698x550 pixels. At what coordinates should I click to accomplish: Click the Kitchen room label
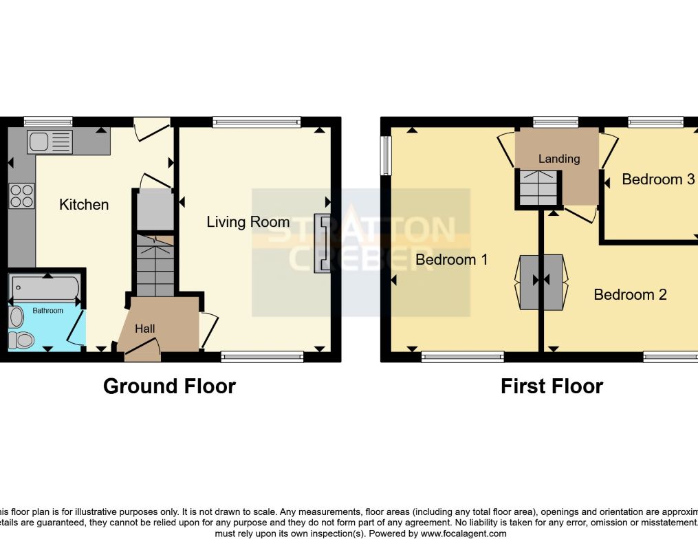coord(84,204)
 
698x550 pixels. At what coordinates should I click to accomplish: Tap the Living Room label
coord(248,222)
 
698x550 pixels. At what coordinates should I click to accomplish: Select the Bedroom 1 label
coord(452,259)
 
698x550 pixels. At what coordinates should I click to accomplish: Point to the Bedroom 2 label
coord(631,294)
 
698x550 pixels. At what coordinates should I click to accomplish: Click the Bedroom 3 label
coord(658,179)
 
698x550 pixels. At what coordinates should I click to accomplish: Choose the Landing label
coord(559,159)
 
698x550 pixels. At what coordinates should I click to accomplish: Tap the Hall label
coord(144,329)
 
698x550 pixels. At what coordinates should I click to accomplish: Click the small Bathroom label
coord(48,311)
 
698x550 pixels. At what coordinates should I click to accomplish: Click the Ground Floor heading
coord(169,386)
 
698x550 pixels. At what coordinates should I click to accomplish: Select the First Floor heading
coord(552,386)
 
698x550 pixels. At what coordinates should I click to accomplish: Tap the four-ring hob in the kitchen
coord(21,196)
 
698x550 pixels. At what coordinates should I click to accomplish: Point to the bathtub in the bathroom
coord(45,288)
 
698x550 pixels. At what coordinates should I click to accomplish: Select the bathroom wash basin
coord(17,316)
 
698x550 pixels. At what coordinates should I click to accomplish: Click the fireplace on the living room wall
coord(321,243)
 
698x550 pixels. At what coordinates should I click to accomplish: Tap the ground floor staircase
coord(155,265)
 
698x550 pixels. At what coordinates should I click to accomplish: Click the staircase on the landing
coord(539,189)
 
